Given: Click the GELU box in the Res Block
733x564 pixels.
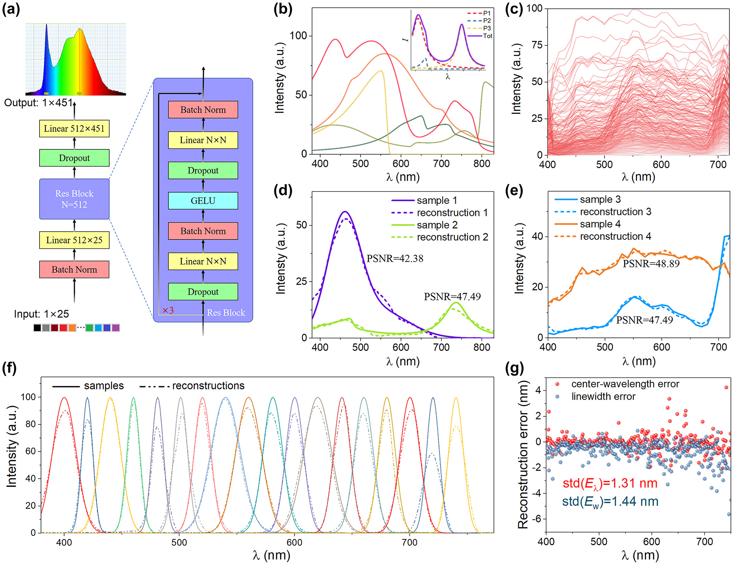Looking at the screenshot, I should (x=203, y=201).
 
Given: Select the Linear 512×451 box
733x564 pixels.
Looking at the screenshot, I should (x=74, y=129).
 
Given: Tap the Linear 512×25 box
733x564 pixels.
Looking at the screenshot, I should (x=74, y=240).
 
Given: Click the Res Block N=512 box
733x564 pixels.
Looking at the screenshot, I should (x=74, y=199).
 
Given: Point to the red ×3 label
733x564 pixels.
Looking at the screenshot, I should (x=168, y=311).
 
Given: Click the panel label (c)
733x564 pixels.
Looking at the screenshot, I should (x=514, y=9).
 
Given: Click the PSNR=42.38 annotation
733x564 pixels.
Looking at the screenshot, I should (x=395, y=259).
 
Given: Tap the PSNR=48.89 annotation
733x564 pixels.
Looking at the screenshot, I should (x=651, y=264).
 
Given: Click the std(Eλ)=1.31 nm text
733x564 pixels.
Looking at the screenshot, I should (x=610, y=483).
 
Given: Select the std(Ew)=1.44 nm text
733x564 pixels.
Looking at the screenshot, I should (x=610, y=501).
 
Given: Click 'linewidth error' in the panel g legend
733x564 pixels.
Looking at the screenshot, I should (x=603, y=397).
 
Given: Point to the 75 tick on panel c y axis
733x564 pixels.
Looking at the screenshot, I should (x=537, y=45).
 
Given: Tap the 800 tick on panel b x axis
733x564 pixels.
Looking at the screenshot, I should (x=481, y=164).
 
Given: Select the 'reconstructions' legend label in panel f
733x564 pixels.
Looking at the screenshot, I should (x=208, y=386).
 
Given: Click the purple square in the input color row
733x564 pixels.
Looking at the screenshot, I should (x=115, y=328).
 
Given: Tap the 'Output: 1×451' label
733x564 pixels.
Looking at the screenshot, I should (x=38, y=103).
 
